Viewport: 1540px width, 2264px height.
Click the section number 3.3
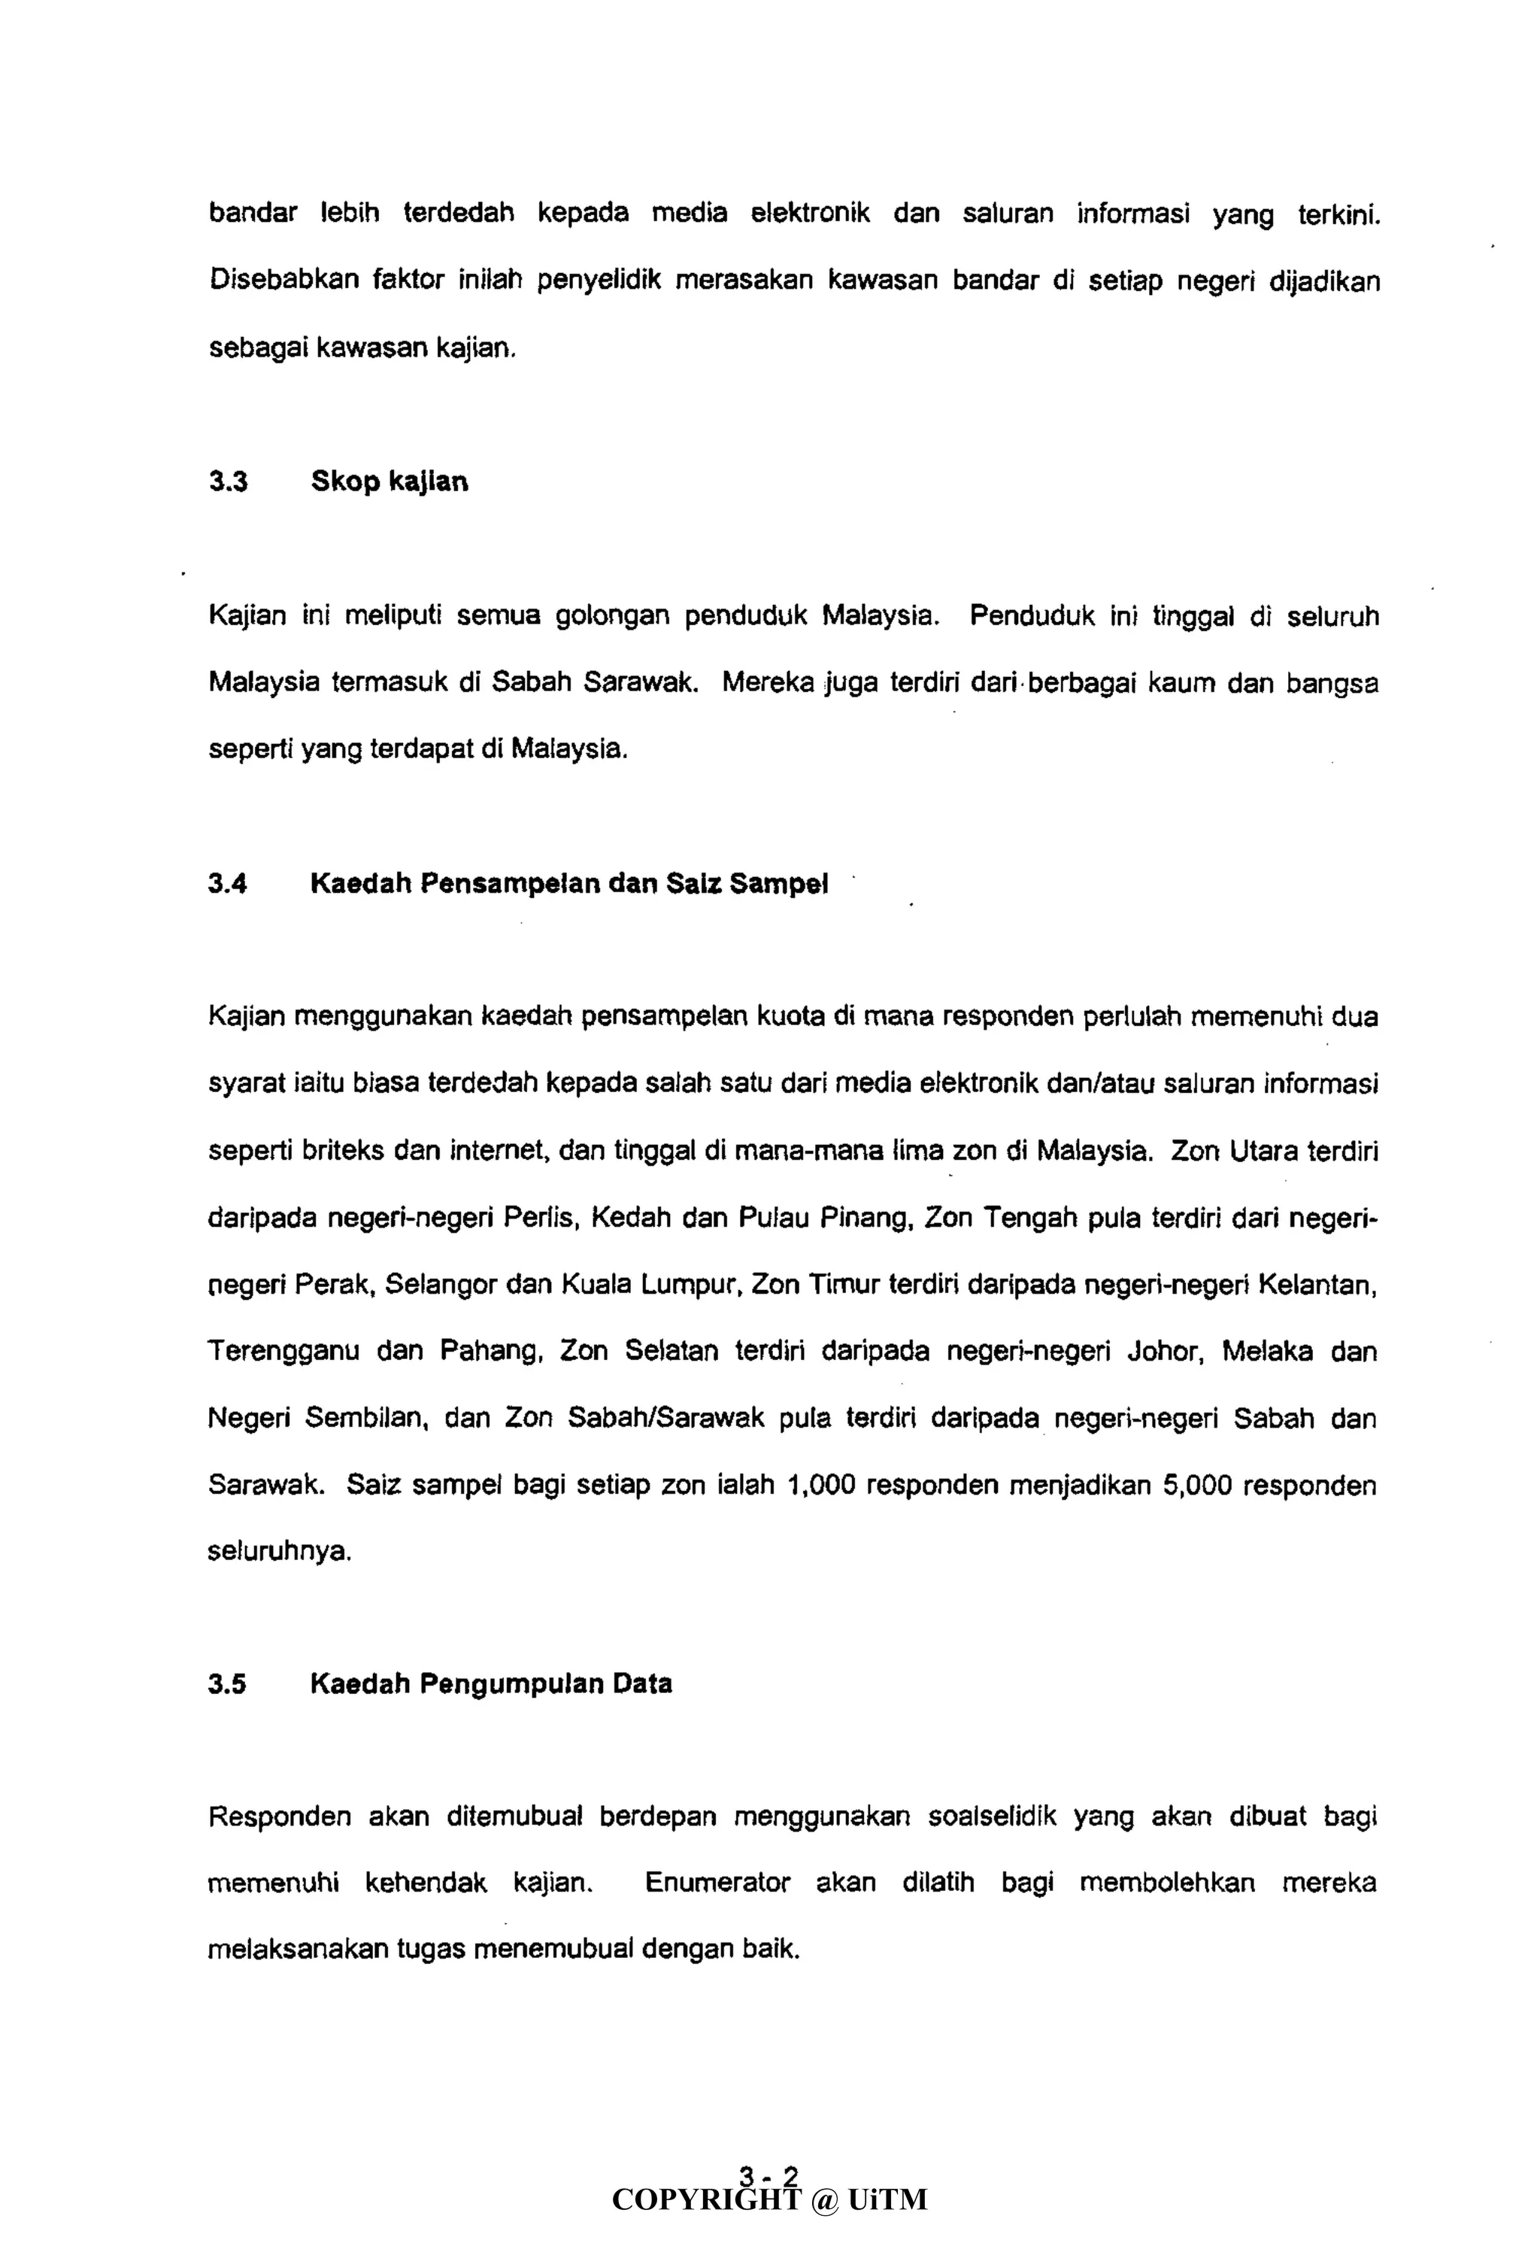click(228, 482)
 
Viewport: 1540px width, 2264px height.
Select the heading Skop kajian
click(389, 482)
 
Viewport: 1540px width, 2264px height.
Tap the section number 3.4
click(228, 884)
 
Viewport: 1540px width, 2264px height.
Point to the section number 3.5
click(227, 1684)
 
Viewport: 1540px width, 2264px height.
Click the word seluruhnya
click(278, 1551)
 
